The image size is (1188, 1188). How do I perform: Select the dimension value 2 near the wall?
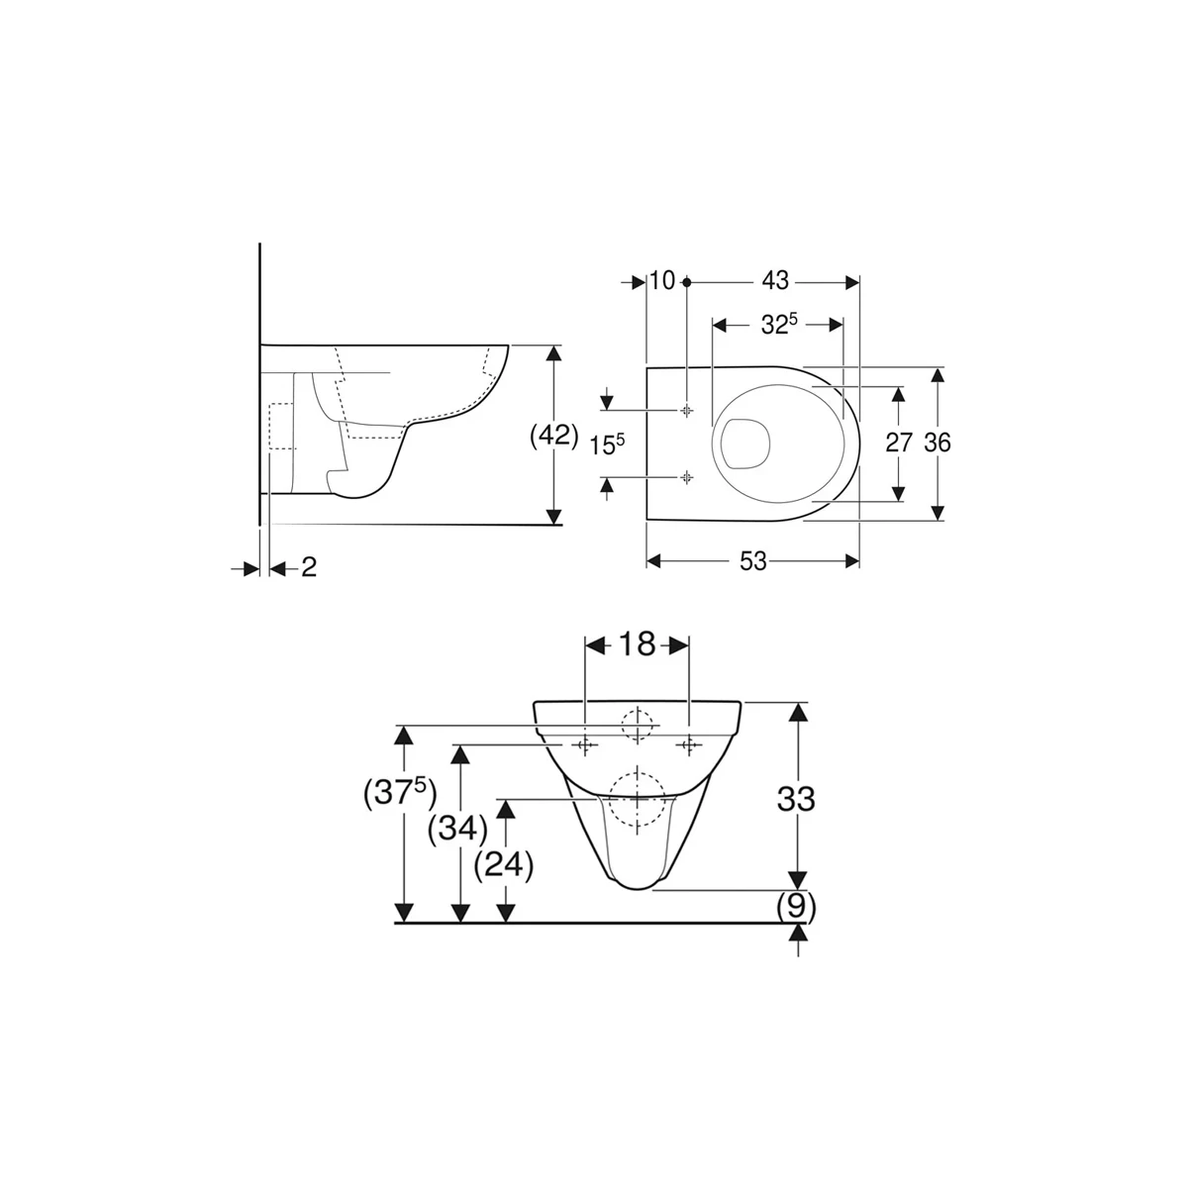(x=309, y=568)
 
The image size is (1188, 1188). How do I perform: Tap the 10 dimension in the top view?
(x=662, y=281)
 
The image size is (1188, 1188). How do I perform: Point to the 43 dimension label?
(x=775, y=281)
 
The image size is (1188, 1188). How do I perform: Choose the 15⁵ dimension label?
(x=608, y=445)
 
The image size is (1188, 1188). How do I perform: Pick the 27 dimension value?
(x=898, y=443)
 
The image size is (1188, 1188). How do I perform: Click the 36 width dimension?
(x=937, y=443)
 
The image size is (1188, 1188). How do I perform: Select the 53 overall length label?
(x=753, y=561)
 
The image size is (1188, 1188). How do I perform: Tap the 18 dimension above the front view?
(x=638, y=645)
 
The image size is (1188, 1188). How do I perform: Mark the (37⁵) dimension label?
(x=401, y=792)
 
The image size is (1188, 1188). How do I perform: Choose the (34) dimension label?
(x=457, y=827)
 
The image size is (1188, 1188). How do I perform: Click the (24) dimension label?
(x=505, y=865)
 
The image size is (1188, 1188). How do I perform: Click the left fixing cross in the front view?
(x=585, y=744)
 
